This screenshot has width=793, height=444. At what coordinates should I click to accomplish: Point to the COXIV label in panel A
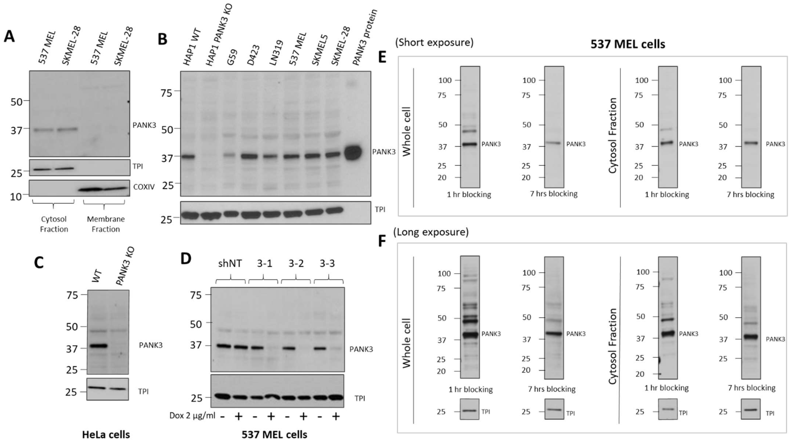pyautogui.click(x=144, y=187)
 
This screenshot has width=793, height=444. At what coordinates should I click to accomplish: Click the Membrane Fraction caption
pyautogui.click(x=106, y=224)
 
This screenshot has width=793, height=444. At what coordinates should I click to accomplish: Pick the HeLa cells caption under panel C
pyautogui.click(x=106, y=434)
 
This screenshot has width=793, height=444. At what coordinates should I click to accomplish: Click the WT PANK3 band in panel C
pyautogui.click(x=98, y=346)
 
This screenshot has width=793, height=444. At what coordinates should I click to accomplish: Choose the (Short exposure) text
pyautogui.click(x=434, y=42)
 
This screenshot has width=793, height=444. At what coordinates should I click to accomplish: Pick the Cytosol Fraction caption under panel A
pyautogui.click(x=54, y=224)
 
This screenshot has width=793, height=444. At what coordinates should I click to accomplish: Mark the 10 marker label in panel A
pyautogui.click(x=16, y=196)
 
